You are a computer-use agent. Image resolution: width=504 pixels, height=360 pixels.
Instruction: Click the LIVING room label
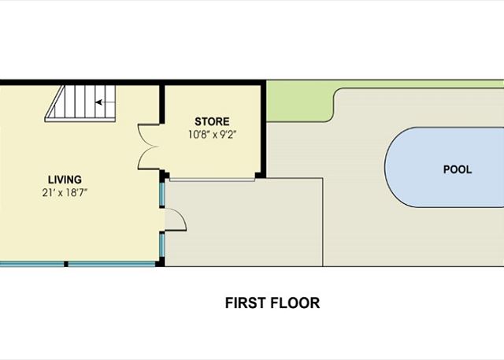tap(65, 180)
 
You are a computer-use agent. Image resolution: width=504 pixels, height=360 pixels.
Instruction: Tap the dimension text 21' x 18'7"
tap(65, 192)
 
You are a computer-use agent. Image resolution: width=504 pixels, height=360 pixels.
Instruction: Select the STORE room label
tap(212, 121)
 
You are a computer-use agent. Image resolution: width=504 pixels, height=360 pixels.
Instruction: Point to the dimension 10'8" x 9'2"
tap(212, 135)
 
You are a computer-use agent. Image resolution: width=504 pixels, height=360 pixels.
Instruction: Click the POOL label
tap(458, 169)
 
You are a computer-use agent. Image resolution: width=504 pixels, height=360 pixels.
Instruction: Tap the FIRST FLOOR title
tap(272, 302)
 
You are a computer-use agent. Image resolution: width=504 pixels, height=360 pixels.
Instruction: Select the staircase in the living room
tap(80, 103)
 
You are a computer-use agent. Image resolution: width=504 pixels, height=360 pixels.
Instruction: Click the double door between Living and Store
tap(148, 147)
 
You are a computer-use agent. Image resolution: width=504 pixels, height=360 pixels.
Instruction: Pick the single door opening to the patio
tap(176, 220)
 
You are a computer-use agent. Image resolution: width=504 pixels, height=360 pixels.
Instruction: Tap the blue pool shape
tap(444, 167)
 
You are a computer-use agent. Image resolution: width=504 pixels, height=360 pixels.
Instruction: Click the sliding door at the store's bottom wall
tap(212, 180)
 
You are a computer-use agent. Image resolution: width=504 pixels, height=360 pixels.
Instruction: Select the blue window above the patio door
tap(162, 194)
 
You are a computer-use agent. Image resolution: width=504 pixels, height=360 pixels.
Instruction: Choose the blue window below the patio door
tap(162, 244)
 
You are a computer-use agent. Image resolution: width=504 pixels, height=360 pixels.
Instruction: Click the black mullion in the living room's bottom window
tap(66, 264)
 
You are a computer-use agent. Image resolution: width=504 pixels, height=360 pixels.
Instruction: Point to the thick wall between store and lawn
tap(263, 128)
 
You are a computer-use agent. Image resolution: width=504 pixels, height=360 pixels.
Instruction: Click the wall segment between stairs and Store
tap(162, 104)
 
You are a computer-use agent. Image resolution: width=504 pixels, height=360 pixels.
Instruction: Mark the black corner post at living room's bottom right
tap(160, 262)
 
